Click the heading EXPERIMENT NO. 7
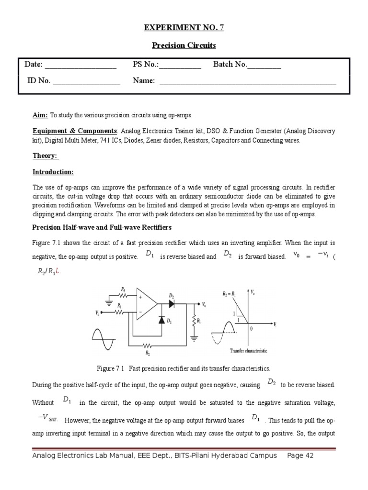[x=184, y=28]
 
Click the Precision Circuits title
[x=184, y=45]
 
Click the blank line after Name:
[x=248, y=81]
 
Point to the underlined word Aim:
[x=40, y=115]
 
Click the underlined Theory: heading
[x=45, y=156]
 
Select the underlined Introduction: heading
[x=53, y=172]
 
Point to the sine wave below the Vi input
[x=103, y=339]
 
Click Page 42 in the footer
[x=300, y=456]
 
